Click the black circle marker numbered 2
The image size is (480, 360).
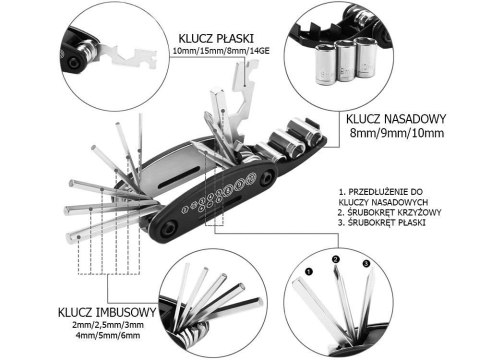coord(337,262)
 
